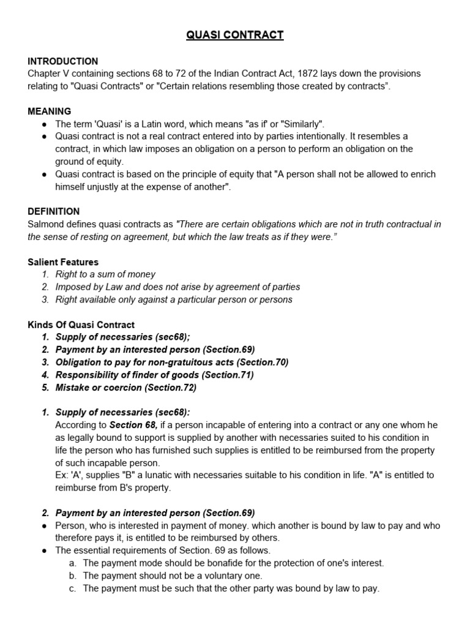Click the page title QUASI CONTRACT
click(x=235, y=35)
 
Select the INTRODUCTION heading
click(x=62, y=61)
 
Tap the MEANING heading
click(x=49, y=111)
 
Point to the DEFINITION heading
click(x=53, y=211)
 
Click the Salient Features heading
click(x=63, y=262)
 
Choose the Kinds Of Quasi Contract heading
click(x=81, y=325)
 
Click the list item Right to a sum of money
click(x=105, y=274)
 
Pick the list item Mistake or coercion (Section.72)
click(x=126, y=387)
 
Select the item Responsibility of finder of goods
click(x=154, y=375)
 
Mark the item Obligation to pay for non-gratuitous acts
click(x=171, y=362)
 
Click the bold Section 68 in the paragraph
click(x=133, y=425)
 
